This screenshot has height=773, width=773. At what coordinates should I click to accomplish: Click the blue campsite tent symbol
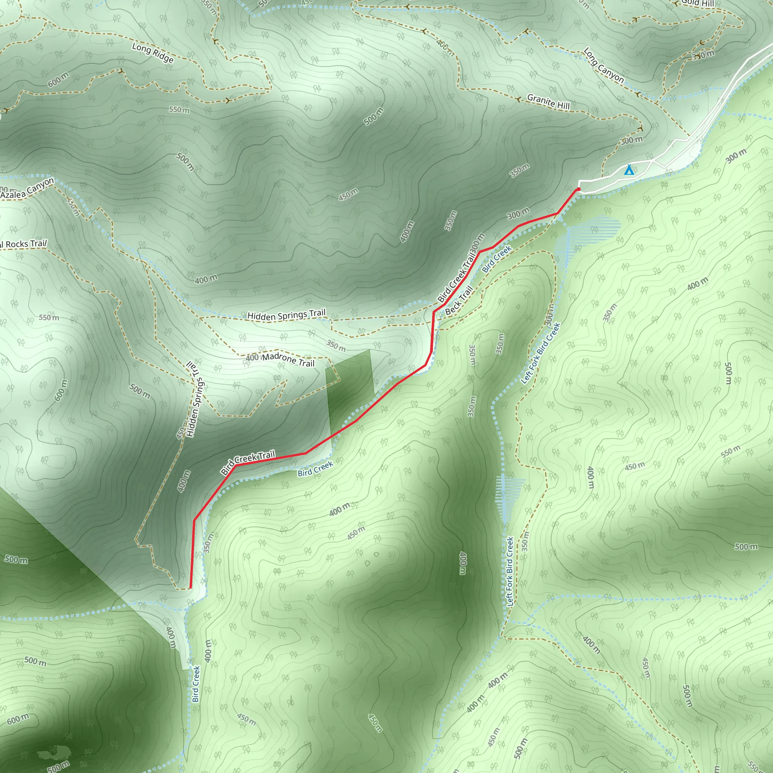coord(629,170)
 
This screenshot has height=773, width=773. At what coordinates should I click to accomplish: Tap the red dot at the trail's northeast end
coord(579,189)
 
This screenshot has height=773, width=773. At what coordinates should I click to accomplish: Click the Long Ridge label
coord(153,53)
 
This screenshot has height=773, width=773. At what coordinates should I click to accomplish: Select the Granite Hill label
coord(548,102)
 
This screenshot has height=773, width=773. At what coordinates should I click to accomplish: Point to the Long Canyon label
coord(604,65)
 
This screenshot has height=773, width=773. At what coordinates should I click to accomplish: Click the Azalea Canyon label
coord(27,188)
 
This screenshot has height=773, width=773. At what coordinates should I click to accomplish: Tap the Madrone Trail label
coord(288,360)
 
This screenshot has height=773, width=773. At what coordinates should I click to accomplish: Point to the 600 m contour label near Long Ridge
coord(59,80)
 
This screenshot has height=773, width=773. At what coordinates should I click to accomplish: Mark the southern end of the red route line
coord(190,588)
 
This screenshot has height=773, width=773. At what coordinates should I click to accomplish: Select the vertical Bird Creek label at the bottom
coord(196,684)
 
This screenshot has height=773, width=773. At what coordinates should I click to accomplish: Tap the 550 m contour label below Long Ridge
coord(179,109)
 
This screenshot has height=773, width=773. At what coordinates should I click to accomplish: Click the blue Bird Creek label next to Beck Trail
coord(497,259)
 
